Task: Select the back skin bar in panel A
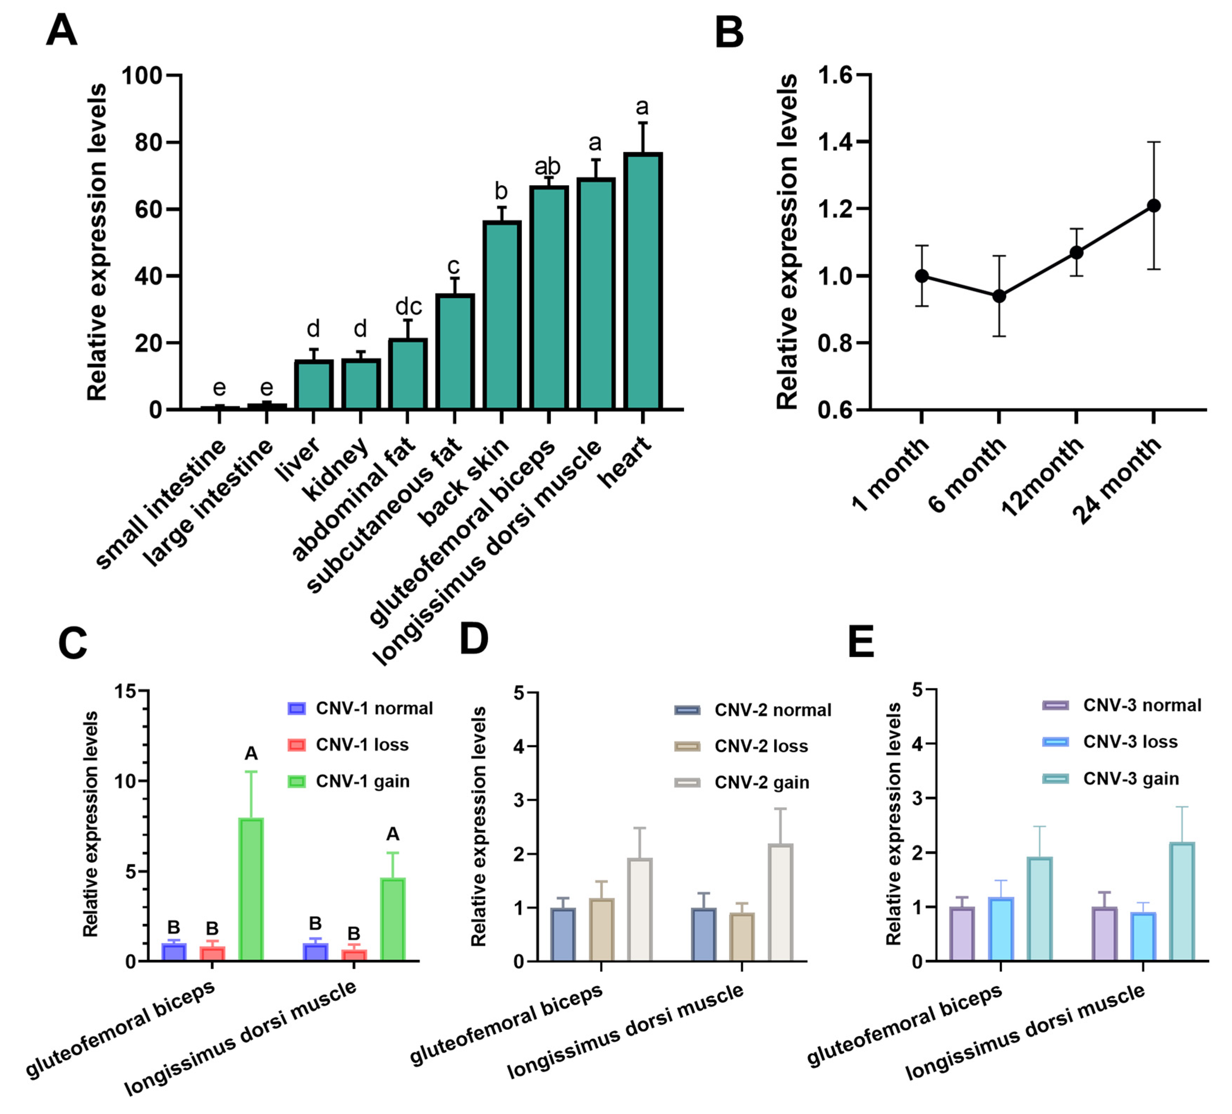point(502,315)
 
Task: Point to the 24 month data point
point(1153,206)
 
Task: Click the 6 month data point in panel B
point(999,296)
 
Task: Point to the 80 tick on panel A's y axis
point(148,142)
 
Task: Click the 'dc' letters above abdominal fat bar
point(408,306)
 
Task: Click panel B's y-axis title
point(787,241)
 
